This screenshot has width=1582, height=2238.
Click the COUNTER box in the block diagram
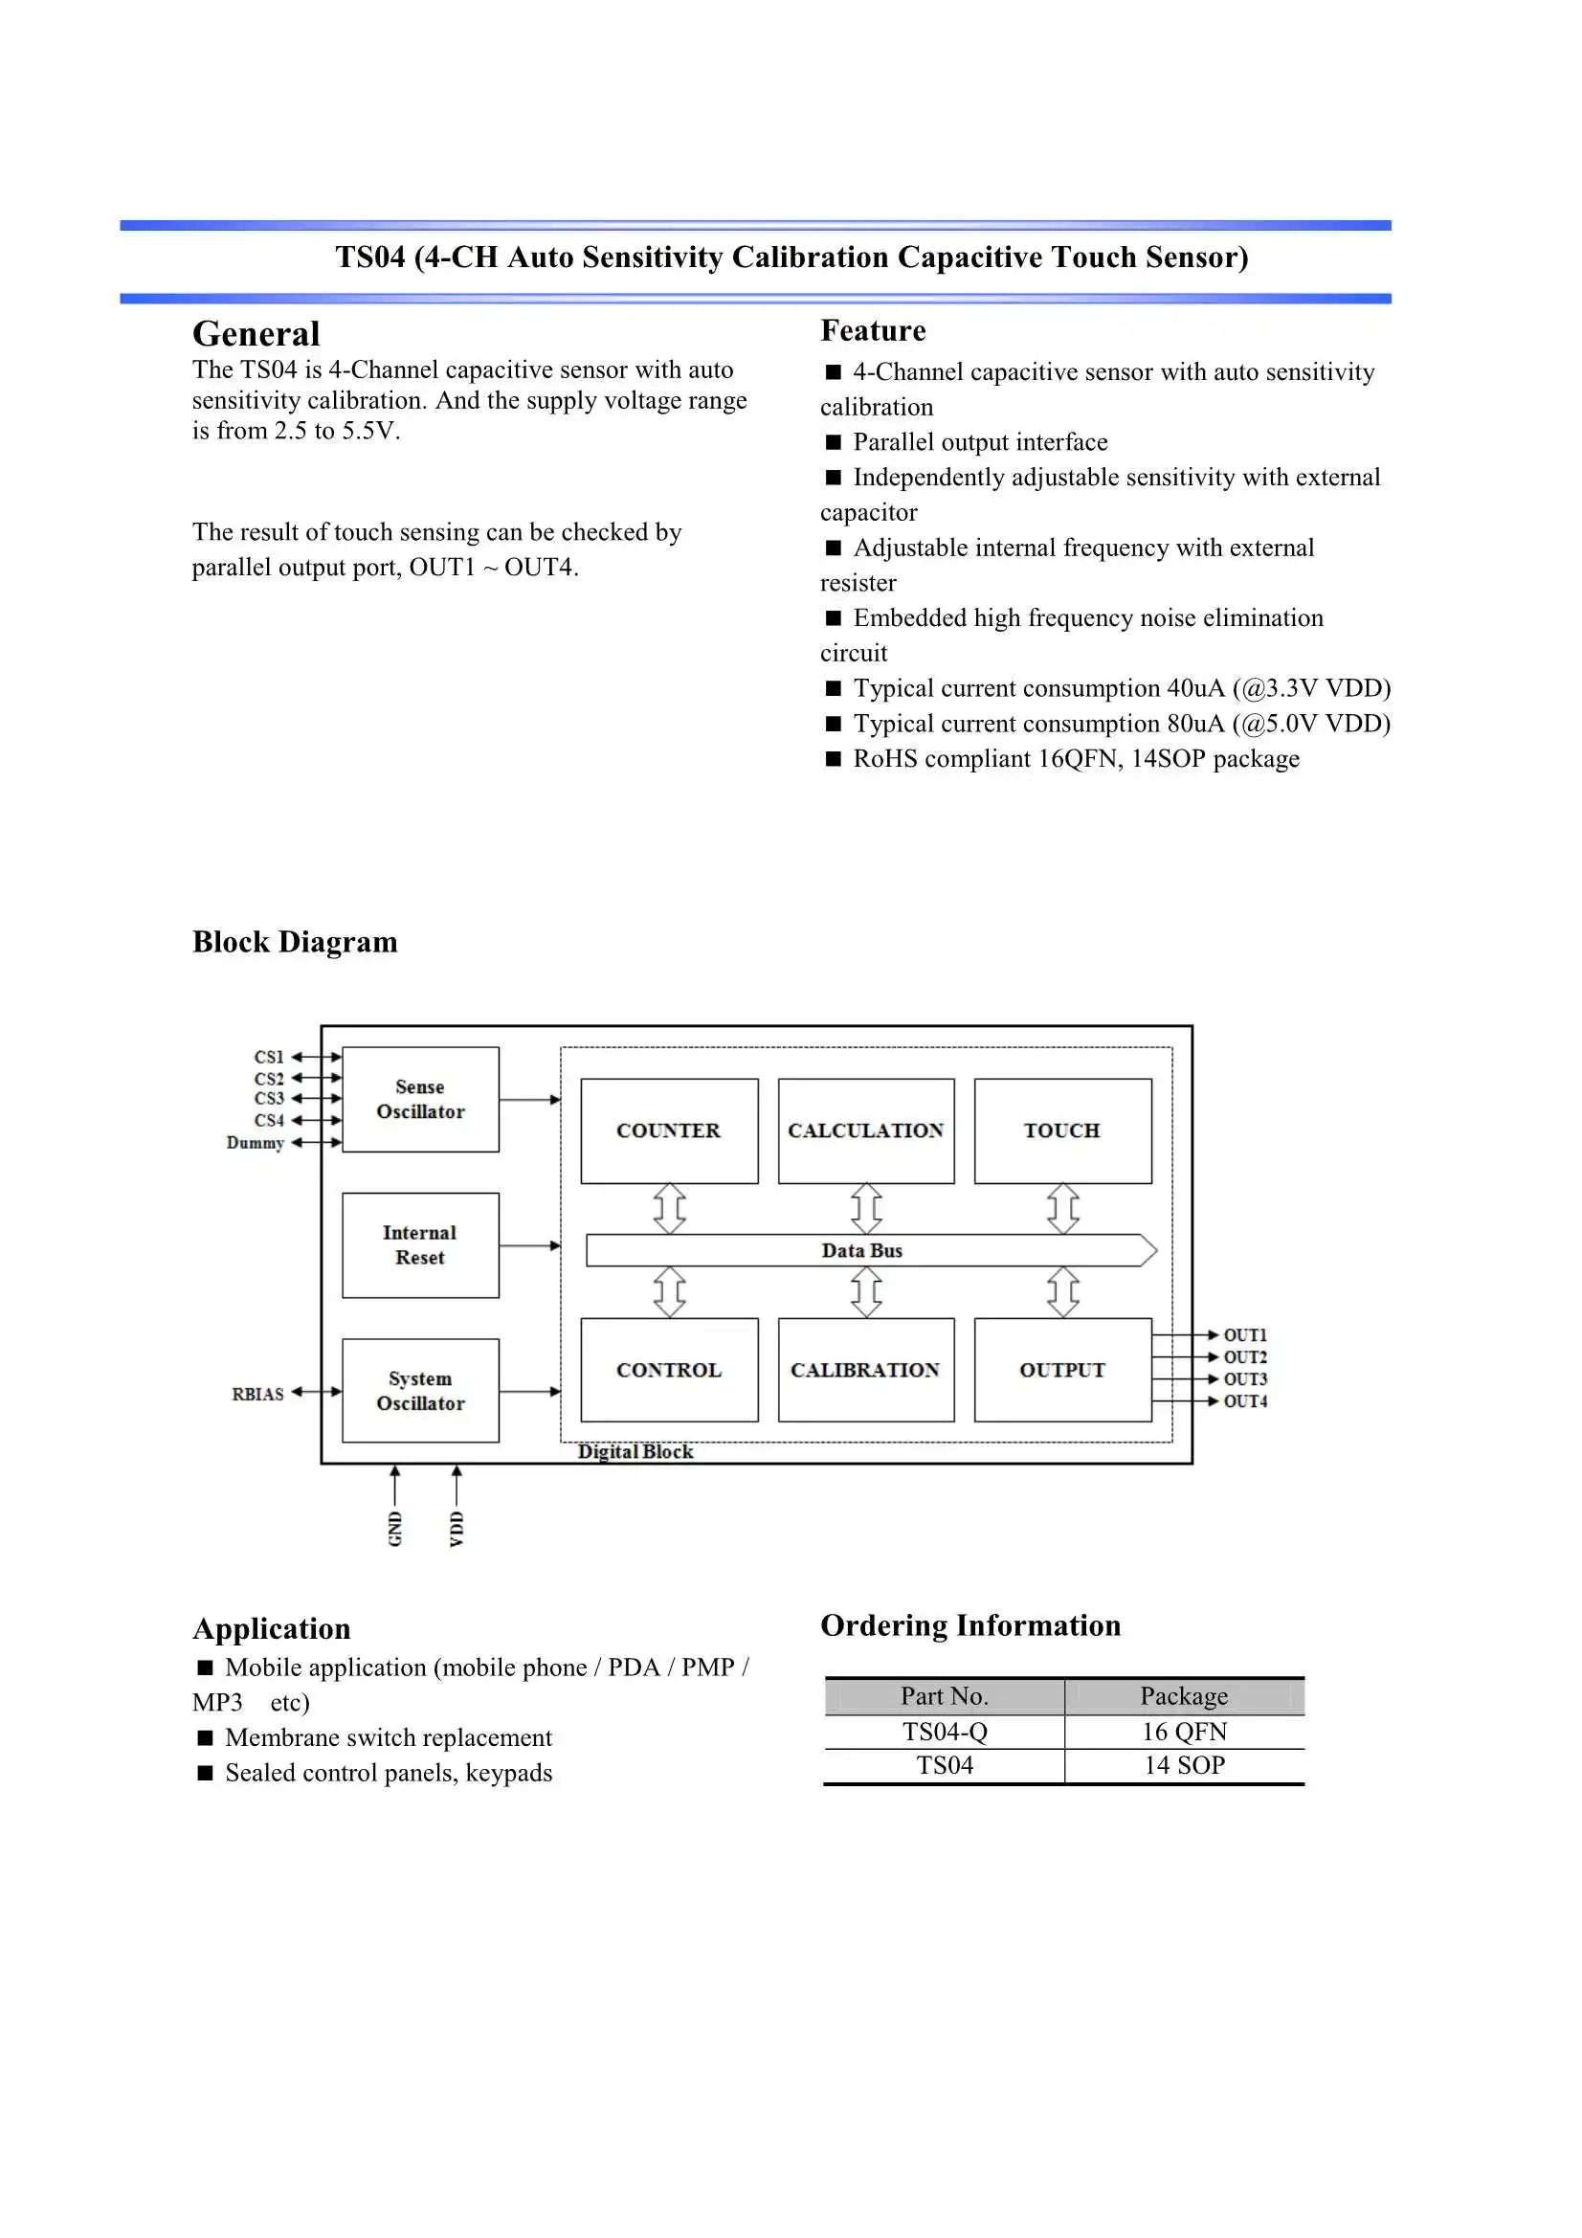pos(669,1130)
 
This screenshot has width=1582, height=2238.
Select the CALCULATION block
pos(865,1130)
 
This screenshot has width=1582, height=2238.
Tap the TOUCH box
pos(1062,1130)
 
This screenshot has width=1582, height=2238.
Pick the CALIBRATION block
pos(865,1370)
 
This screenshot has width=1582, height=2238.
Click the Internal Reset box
pos(420,1244)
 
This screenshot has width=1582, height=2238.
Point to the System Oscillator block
pos(420,1390)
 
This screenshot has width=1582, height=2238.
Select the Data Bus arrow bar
pos(862,1250)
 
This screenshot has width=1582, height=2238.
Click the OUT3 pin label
pos(1245,1379)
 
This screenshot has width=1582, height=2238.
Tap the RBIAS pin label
pos(257,1394)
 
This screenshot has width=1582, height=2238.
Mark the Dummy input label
pos(255,1142)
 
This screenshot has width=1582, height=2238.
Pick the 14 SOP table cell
pos(1184,1765)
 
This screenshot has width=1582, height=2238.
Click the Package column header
pos(1184,1696)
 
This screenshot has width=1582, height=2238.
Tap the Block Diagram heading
pos(295,942)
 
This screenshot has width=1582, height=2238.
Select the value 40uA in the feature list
pos(1195,688)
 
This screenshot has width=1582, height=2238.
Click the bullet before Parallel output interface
pos(834,442)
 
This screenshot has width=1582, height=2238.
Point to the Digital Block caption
pos(635,1451)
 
